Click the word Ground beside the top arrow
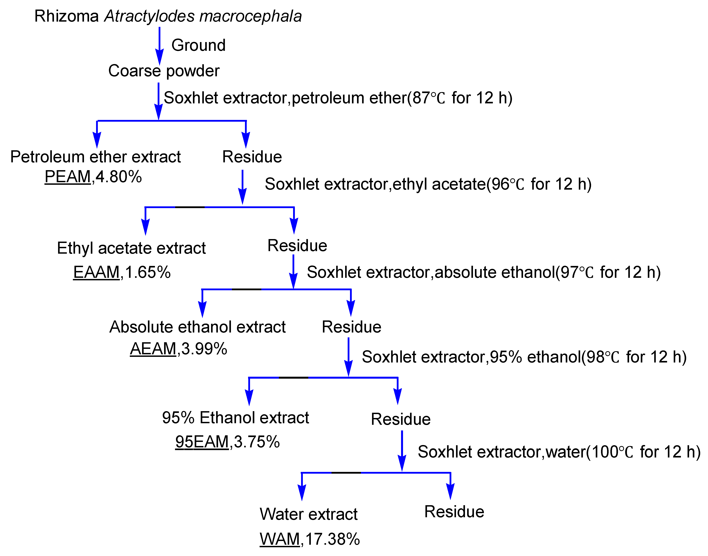click(x=198, y=45)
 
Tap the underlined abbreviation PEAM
click(x=67, y=177)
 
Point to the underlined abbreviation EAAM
click(x=96, y=272)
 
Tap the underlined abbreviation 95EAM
click(x=202, y=442)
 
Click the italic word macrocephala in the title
click(x=251, y=16)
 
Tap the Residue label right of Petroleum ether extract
click(x=252, y=157)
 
